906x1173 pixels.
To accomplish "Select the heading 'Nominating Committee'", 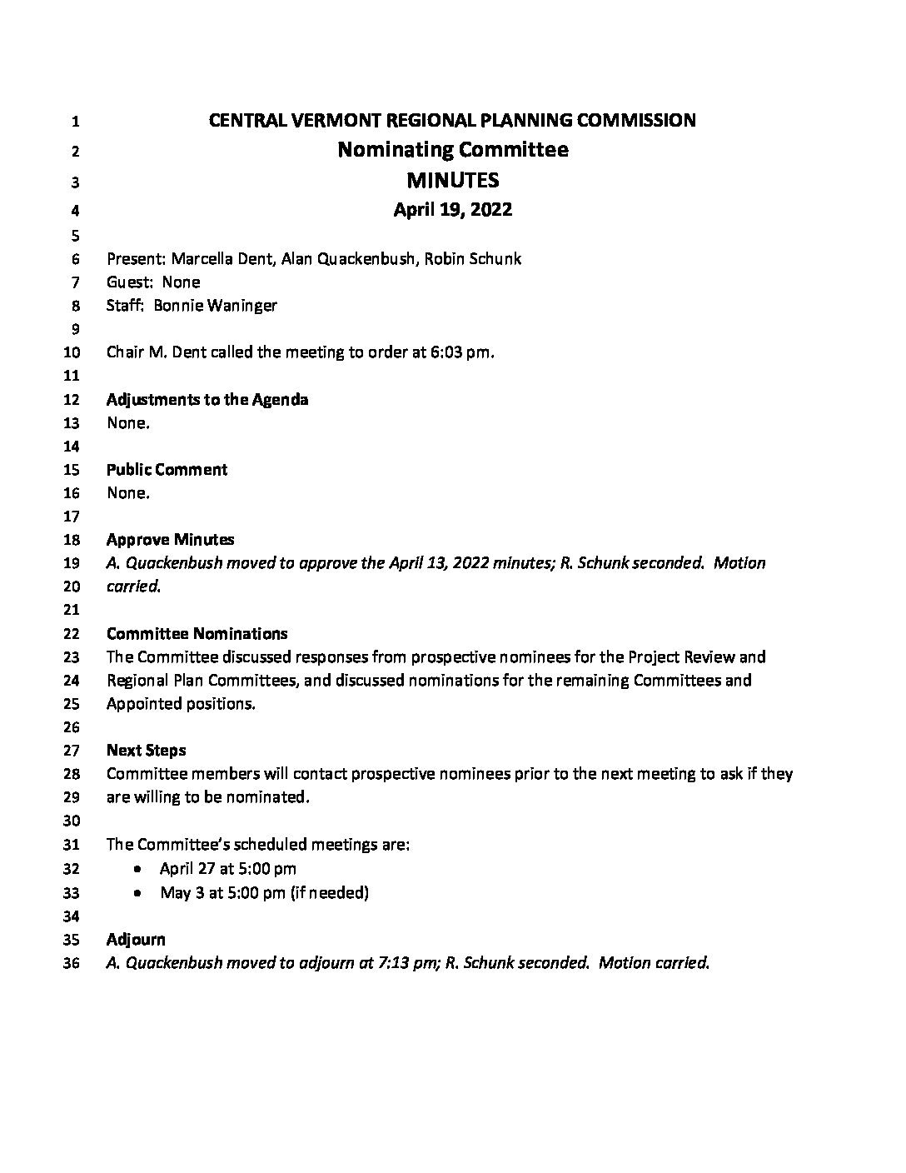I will click(453, 150).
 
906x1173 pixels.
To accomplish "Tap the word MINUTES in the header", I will click(453, 180).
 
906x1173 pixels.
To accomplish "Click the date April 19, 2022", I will click(453, 210).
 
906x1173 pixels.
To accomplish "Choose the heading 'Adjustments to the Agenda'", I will click(207, 399).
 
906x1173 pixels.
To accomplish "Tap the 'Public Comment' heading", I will click(167, 469).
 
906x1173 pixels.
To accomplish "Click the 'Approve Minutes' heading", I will click(170, 539).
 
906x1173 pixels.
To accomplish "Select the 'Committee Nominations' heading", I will click(197, 633).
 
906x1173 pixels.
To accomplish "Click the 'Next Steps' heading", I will click(146, 750).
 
